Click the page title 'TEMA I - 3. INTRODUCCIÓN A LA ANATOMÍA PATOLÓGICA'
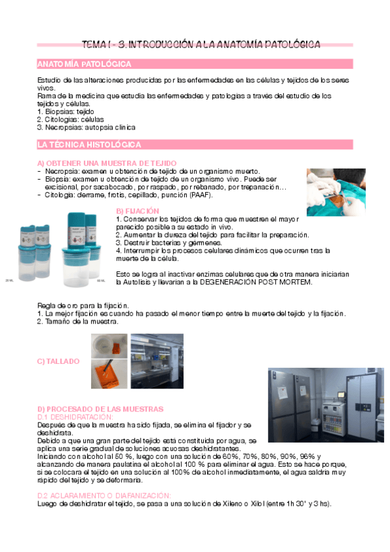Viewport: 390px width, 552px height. click(x=201, y=44)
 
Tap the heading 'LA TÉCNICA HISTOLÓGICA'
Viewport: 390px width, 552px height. click(x=89, y=145)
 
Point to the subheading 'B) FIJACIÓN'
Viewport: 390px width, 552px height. click(x=137, y=211)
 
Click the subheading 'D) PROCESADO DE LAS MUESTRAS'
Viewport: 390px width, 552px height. click(x=100, y=409)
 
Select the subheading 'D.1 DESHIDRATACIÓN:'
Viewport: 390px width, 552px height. click(x=76, y=417)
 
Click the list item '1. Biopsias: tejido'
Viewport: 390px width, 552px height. click(x=66, y=111)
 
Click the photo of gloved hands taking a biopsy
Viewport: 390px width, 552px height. click(x=336, y=193)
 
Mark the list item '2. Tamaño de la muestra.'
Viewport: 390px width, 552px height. click(x=77, y=321)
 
